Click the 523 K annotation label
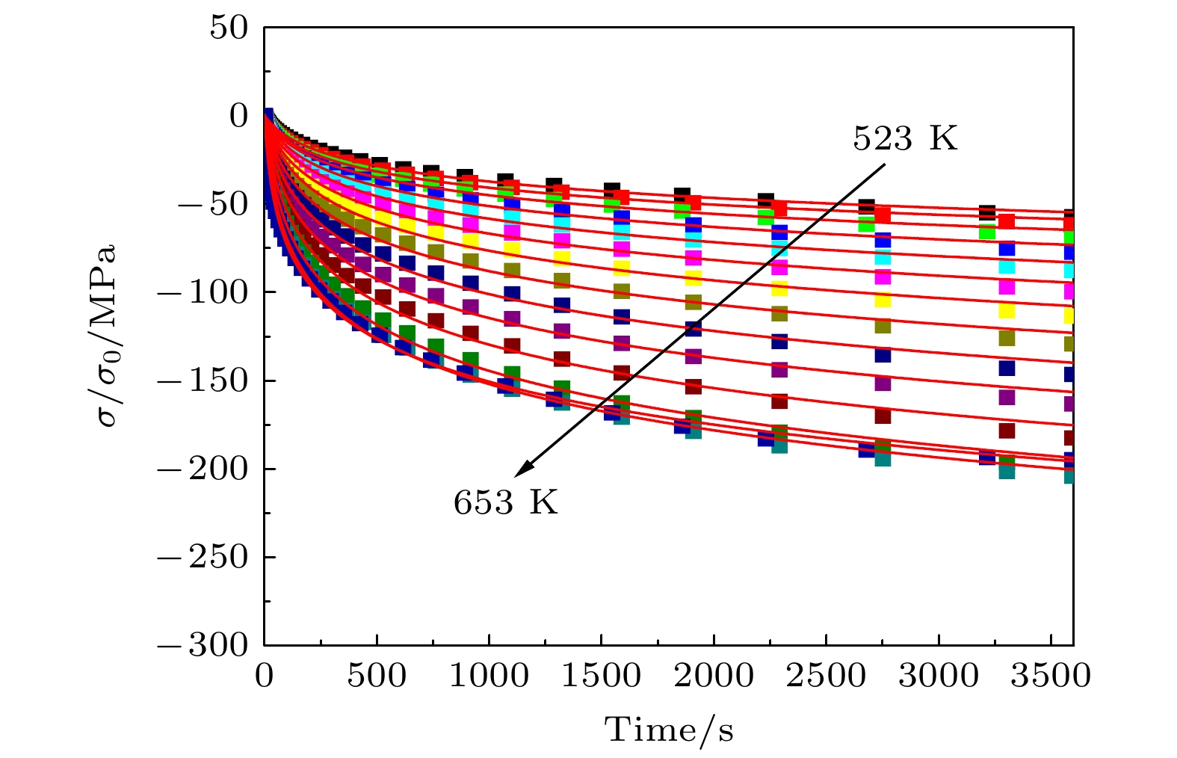coord(905,139)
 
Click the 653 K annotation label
coord(505,502)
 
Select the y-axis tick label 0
coord(238,116)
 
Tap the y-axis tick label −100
coord(201,292)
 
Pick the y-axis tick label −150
coord(201,380)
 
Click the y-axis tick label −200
coord(201,469)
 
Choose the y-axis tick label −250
coord(201,557)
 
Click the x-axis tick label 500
coord(377,677)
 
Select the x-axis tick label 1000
coord(489,677)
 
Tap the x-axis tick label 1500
coord(602,677)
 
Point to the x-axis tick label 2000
coord(714,677)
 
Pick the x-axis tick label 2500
coord(826,677)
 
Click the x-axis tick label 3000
coord(938,677)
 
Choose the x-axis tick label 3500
coord(1050,677)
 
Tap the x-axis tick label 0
coord(265,677)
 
